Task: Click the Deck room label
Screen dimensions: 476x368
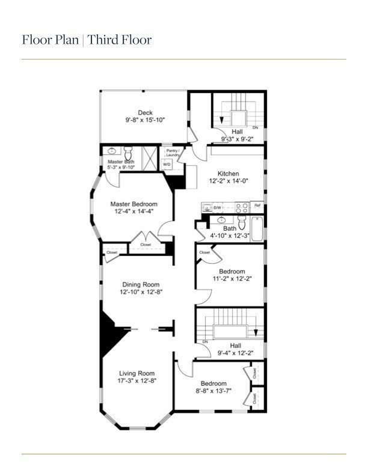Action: click(145, 112)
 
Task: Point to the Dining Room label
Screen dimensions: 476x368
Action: click(140, 284)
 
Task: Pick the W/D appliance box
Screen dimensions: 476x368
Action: click(167, 164)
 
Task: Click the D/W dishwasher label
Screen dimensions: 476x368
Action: click(217, 207)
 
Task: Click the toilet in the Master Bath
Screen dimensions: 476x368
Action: click(128, 151)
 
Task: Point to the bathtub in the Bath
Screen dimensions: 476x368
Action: click(257, 230)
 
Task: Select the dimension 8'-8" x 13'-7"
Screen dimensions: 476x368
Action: click(213, 391)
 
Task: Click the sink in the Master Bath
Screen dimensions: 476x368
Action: click(112, 151)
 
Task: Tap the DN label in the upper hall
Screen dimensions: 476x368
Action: click(255, 127)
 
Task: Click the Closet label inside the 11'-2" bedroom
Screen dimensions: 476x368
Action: click(204, 252)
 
